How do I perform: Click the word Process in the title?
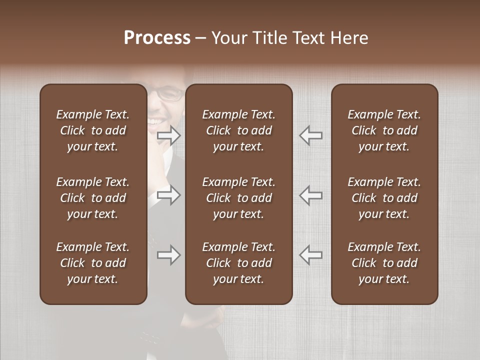[157, 38]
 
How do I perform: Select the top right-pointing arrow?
[169, 135]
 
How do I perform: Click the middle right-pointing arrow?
[169, 195]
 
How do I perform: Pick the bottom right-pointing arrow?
[169, 255]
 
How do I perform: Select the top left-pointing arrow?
[310, 135]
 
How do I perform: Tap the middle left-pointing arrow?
[310, 195]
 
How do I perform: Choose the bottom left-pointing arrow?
[310, 255]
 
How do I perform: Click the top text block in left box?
[93, 130]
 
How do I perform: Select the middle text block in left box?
[93, 198]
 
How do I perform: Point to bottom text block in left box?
[93, 263]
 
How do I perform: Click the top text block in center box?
[239, 130]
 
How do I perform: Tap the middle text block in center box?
[239, 198]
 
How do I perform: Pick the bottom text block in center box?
[239, 263]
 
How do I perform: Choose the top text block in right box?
[384, 130]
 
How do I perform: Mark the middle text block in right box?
[384, 198]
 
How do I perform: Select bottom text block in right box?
[384, 263]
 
